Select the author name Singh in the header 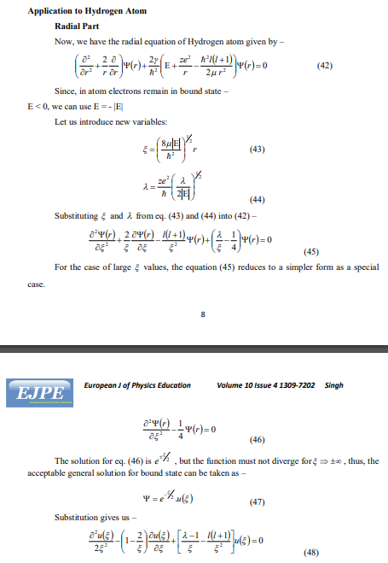(x=334, y=385)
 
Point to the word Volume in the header (x=233, y=385)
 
